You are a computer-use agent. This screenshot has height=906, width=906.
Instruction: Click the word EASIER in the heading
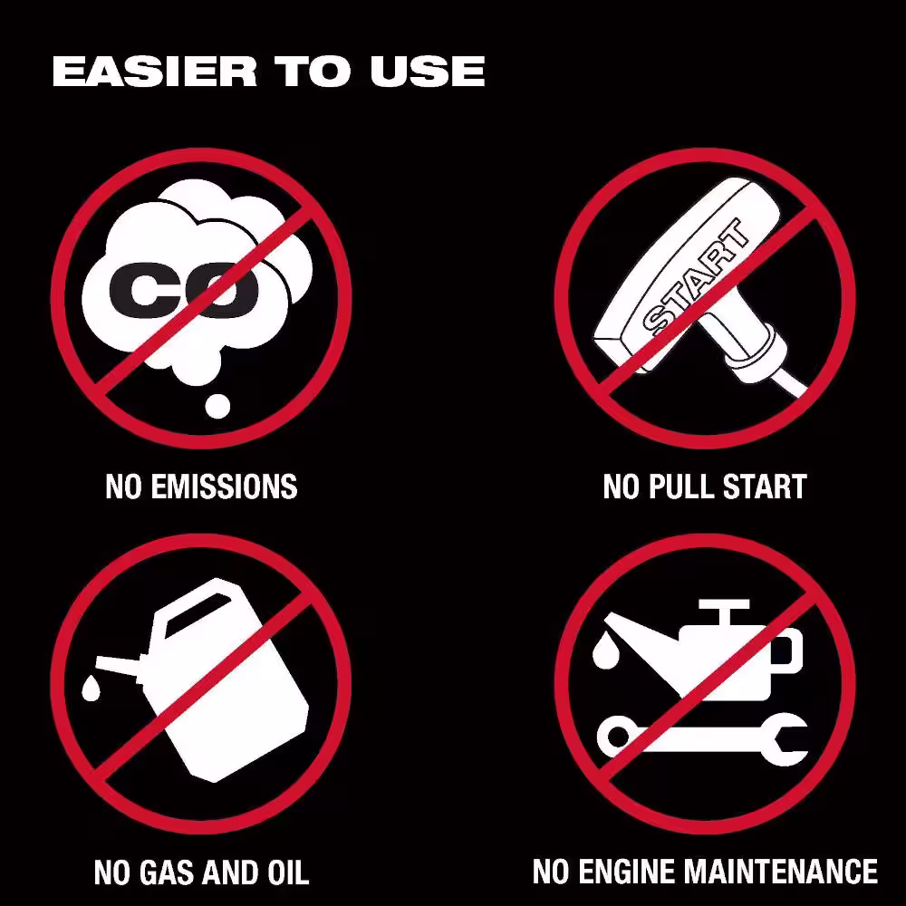(154, 72)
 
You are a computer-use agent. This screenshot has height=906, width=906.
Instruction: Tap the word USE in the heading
(428, 72)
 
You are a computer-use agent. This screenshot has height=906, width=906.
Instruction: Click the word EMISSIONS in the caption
(224, 487)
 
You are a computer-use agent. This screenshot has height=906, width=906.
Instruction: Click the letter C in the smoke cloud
(137, 290)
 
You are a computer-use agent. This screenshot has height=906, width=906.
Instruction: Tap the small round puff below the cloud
(217, 406)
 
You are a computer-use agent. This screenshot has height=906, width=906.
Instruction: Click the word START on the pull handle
(696, 278)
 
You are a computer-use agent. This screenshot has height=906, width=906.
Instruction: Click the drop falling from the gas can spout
(90, 688)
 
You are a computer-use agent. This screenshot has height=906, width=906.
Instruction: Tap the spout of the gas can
(119, 667)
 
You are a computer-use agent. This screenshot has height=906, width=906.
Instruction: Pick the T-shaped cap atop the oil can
(725, 612)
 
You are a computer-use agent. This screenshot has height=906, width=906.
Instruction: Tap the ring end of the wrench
(618, 737)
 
